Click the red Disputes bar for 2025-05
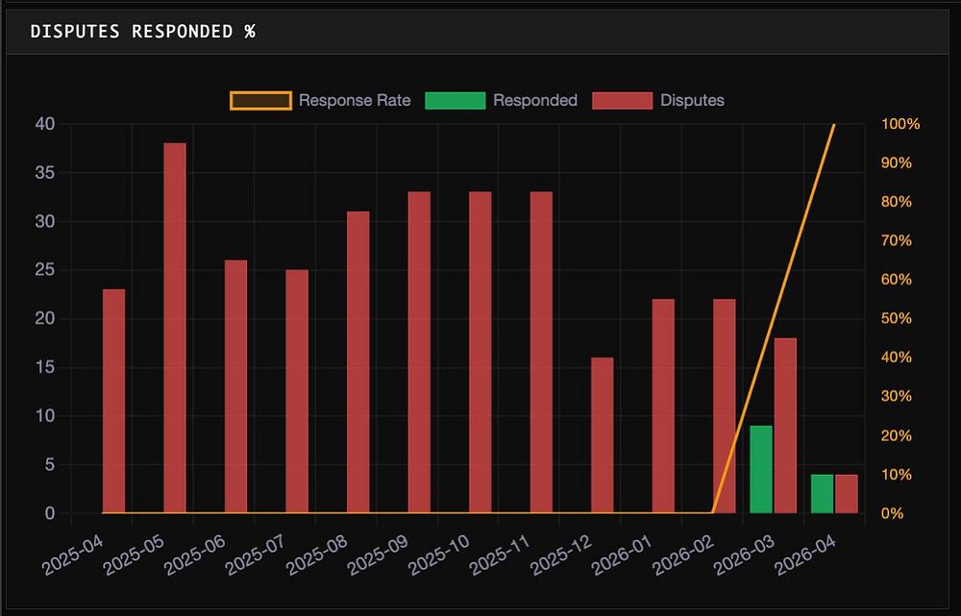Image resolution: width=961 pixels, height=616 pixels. point(174,328)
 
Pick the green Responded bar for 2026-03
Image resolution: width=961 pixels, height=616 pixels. point(761,469)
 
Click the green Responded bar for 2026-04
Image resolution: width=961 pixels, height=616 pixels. point(822,494)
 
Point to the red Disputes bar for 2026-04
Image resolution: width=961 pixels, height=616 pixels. point(846,494)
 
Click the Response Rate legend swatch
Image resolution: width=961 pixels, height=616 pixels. point(260,100)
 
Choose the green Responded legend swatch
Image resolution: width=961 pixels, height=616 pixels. point(455,100)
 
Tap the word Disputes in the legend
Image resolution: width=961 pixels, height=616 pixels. point(692,100)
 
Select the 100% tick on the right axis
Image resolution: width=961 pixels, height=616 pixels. point(900,124)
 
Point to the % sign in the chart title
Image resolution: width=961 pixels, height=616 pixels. point(249,31)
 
